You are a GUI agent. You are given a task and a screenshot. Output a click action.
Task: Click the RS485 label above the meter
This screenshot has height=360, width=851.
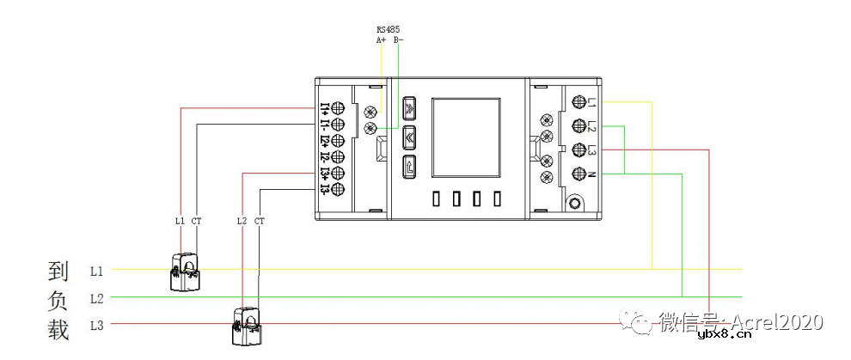pos(388,29)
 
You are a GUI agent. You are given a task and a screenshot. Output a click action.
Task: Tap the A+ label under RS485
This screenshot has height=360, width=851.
pos(381,39)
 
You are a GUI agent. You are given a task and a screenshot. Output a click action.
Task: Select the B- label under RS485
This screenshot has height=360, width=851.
pos(398,39)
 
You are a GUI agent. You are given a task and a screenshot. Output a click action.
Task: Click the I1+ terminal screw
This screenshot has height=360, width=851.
pos(338,107)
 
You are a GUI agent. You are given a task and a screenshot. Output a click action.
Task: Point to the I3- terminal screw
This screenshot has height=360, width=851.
pos(338,189)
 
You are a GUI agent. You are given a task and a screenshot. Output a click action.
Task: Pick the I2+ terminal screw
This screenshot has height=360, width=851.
pos(338,140)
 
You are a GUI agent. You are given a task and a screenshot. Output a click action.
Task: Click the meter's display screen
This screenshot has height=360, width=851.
pos(465,137)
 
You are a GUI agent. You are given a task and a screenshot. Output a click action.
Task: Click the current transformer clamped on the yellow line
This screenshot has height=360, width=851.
pos(187,272)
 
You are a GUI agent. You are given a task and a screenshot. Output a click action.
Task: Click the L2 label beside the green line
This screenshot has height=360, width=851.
pos(97,298)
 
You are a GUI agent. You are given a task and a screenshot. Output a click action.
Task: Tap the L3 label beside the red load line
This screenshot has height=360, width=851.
pos(97,325)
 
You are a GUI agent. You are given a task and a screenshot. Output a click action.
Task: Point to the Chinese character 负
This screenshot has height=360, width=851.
pos(58,301)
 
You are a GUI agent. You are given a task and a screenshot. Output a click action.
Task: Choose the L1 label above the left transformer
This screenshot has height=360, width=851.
pos(180,221)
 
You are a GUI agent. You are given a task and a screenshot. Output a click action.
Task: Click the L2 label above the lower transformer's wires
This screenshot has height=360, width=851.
pos(242,221)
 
